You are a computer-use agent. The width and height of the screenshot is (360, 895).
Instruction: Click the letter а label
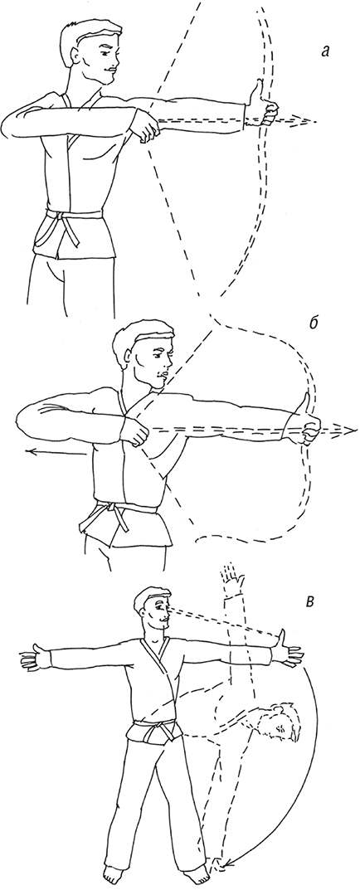(x=325, y=52)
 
